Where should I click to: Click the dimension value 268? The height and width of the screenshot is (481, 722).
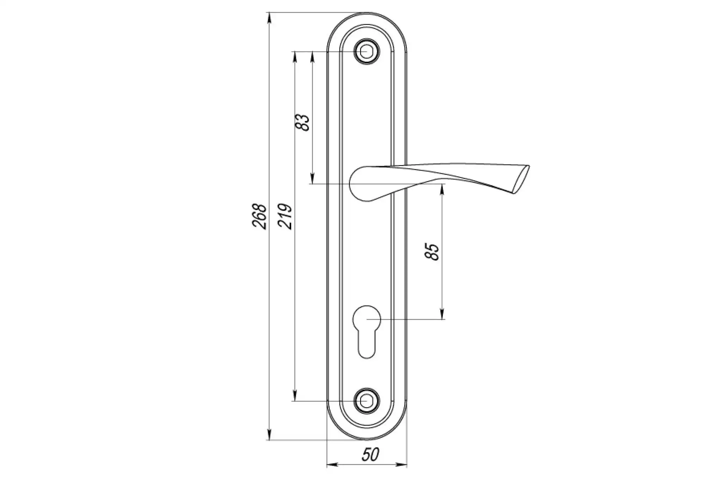(259, 216)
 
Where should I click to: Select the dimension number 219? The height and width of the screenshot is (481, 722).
(285, 216)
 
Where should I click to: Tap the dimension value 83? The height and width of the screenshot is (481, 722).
(303, 122)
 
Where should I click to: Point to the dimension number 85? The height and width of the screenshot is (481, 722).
(433, 251)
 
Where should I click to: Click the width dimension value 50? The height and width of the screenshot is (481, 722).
(370, 455)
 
